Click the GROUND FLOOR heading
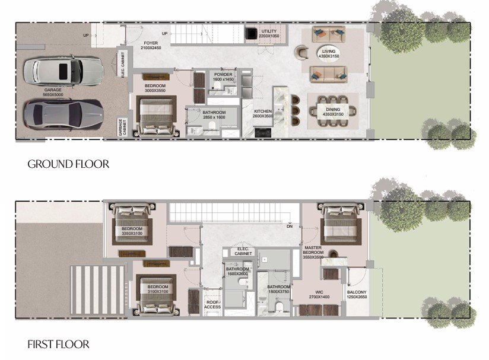click(68, 164)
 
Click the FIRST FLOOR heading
click(58, 344)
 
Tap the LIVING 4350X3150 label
click(328, 55)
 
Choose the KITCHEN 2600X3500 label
click(263, 114)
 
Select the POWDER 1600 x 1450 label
click(223, 77)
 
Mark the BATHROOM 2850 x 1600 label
click(214, 115)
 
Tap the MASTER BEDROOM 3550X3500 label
click(313, 252)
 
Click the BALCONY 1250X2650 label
click(357, 295)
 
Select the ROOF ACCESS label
click(213, 304)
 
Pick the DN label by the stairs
click(290, 226)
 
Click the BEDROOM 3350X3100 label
click(132, 231)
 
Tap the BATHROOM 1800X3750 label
click(278, 289)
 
